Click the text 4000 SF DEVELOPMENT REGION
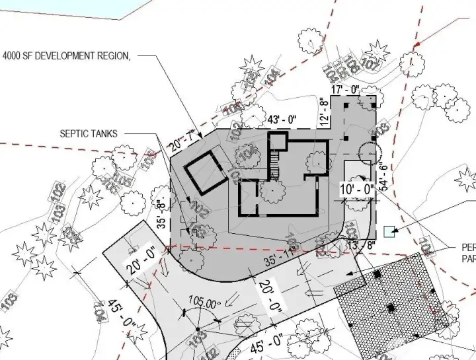click(x=67, y=56)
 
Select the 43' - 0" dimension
click(x=282, y=120)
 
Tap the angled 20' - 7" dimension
click(x=184, y=138)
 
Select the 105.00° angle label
click(x=203, y=304)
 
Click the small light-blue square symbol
click(x=389, y=231)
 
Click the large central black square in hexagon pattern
click(x=391, y=307)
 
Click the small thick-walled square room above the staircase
click(x=278, y=142)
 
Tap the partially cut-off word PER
click(x=467, y=248)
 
